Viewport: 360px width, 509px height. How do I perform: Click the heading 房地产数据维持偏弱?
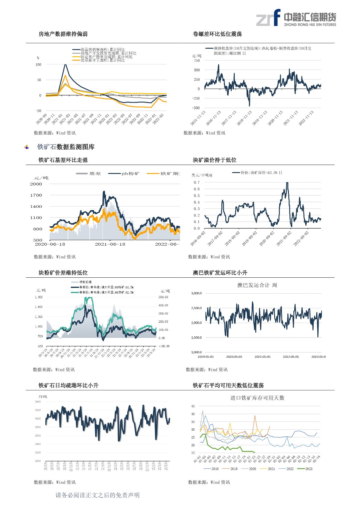tap(63, 34)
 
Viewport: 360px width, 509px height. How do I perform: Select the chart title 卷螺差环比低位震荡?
tap(217, 34)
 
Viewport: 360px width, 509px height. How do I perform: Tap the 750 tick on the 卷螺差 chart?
tap(197, 60)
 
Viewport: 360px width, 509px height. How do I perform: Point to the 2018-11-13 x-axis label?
tap(244, 118)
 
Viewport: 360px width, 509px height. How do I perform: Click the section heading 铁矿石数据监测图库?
tap(66, 147)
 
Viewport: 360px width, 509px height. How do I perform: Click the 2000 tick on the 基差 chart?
tap(36, 184)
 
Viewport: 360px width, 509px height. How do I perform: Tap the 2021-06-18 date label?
tap(110, 244)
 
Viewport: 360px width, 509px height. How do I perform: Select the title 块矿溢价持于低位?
tap(214, 160)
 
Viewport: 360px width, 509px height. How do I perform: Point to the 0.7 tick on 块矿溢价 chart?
tap(197, 182)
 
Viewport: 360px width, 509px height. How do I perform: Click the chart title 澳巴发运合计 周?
tap(257, 285)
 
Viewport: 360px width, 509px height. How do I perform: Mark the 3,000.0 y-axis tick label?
tap(196, 293)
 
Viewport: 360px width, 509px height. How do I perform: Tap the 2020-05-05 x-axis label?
tap(234, 357)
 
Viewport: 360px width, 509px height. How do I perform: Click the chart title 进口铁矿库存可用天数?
tap(257, 398)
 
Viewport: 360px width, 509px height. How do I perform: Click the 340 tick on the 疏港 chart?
tap(38, 402)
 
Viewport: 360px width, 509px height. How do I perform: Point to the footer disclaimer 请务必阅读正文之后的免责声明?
tap(97, 495)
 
